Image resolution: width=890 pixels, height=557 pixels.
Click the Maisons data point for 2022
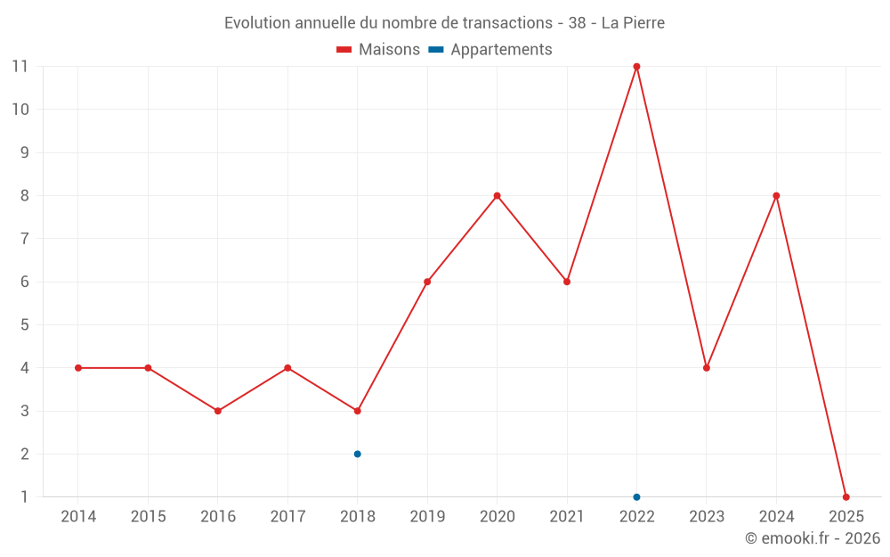pyautogui.click(x=636, y=67)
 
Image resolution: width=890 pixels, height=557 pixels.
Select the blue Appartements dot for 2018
pyautogui.click(x=357, y=454)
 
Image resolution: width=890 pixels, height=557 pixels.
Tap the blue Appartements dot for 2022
pyautogui.click(x=636, y=496)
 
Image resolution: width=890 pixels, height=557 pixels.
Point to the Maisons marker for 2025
pyautogui.click(x=845, y=496)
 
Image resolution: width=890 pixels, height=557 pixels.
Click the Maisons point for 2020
pyautogui.click(x=497, y=196)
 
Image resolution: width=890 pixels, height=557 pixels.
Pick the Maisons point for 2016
pyautogui.click(x=217, y=411)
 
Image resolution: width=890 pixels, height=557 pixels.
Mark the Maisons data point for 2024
pyautogui.click(x=776, y=196)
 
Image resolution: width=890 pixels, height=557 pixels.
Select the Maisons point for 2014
pyautogui.click(x=78, y=368)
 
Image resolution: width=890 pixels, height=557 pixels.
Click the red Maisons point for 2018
pyautogui.click(x=357, y=411)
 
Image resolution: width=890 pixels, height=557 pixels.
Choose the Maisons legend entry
pyautogui.click(x=378, y=50)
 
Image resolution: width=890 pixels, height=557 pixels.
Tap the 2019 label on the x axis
pyautogui.click(x=427, y=516)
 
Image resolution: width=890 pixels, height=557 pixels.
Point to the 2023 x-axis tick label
pyautogui.click(x=707, y=516)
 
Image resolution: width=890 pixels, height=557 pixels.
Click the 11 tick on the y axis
pyautogui.click(x=20, y=67)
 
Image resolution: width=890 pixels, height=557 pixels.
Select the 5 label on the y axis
pyautogui.click(x=24, y=325)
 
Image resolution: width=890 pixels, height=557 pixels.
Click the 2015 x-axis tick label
pyautogui.click(x=148, y=516)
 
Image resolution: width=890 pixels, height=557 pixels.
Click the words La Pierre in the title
pyautogui.click(x=633, y=23)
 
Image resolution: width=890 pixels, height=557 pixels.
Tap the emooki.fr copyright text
pyautogui.click(x=812, y=538)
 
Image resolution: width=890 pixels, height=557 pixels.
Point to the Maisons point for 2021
pyautogui.click(x=567, y=282)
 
